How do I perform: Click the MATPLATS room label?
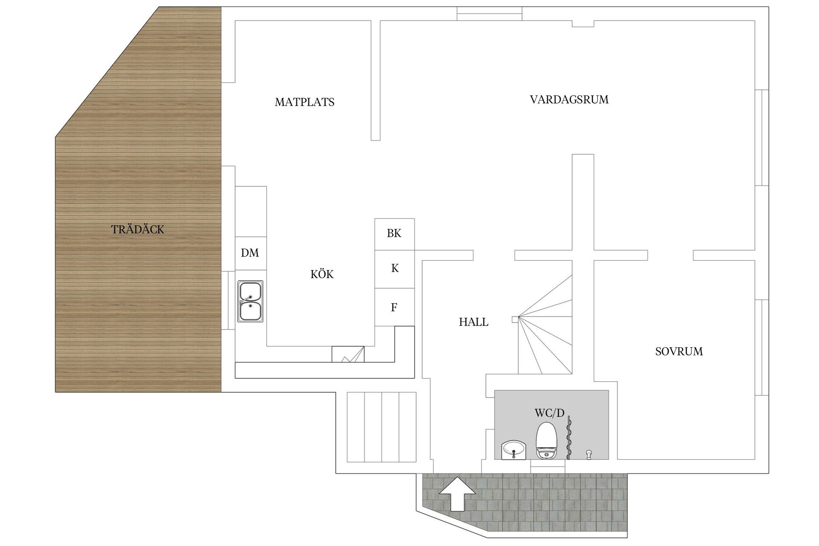click(x=305, y=102)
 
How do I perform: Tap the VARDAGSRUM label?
click(x=569, y=100)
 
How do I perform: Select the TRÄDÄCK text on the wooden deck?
click(x=137, y=229)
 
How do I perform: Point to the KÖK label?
click(x=322, y=274)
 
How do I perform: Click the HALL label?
click(x=473, y=322)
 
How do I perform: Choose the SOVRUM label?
click(x=679, y=351)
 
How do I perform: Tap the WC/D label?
click(x=549, y=413)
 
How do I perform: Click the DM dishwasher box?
click(x=250, y=253)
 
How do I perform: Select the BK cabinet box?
click(x=394, y=234)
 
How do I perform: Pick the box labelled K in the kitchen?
click(x=395, y=269)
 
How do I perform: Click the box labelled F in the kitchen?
click(x=394, y=307)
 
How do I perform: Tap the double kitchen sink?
click(x=250, y=302)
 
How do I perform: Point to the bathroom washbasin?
click(x=513, y=450)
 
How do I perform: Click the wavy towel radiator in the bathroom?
click(x=568, y=439)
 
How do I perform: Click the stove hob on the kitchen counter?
click(x=348, y=354)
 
